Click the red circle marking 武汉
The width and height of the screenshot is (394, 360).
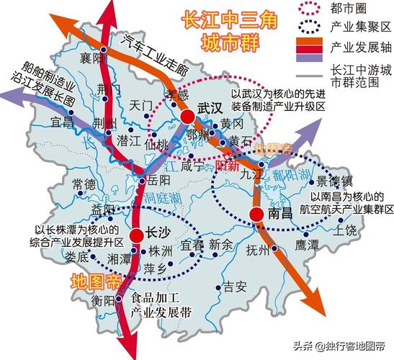point(187,117)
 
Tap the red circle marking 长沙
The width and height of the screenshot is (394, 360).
point(137,234)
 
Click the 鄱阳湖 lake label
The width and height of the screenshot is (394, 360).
point(288,174)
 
